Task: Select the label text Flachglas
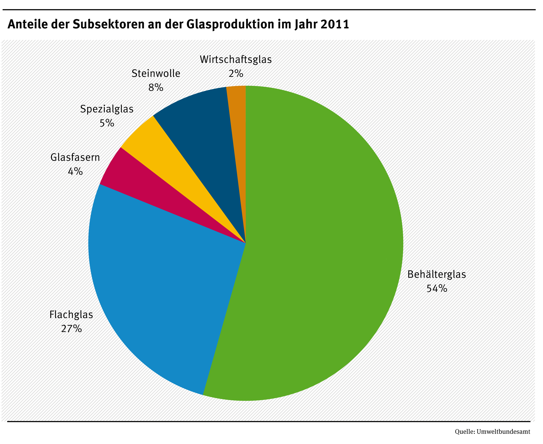click(71, 315)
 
